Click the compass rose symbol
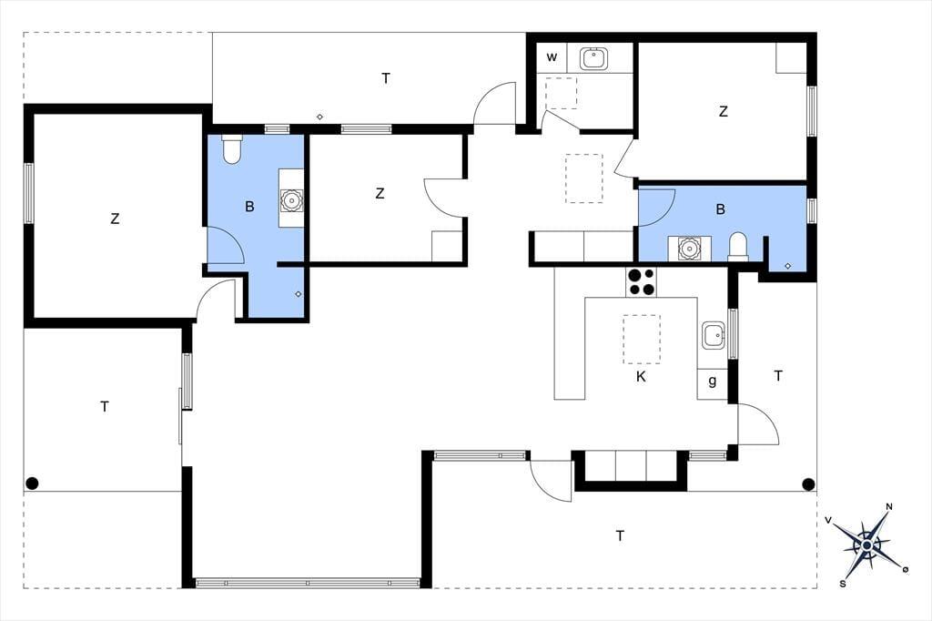pos(867,545)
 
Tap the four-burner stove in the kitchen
pos(641,282)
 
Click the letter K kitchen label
pos(641,377)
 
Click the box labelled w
pos(552,57)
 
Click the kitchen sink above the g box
pos(714,336)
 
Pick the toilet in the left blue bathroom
pos(232,150)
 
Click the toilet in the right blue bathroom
pos(738,247)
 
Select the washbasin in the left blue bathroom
pos(291,199)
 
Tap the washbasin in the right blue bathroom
pos(690,248)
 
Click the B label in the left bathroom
pos(249,207)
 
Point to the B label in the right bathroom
pos(721,209)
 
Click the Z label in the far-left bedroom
pos(115,219)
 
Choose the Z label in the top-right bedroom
pos(723,111)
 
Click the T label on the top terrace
pos(386,78)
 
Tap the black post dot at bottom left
pos(32,483)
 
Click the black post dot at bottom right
pos(808,484)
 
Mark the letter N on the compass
pos(890,507)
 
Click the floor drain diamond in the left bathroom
pos(299,294)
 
